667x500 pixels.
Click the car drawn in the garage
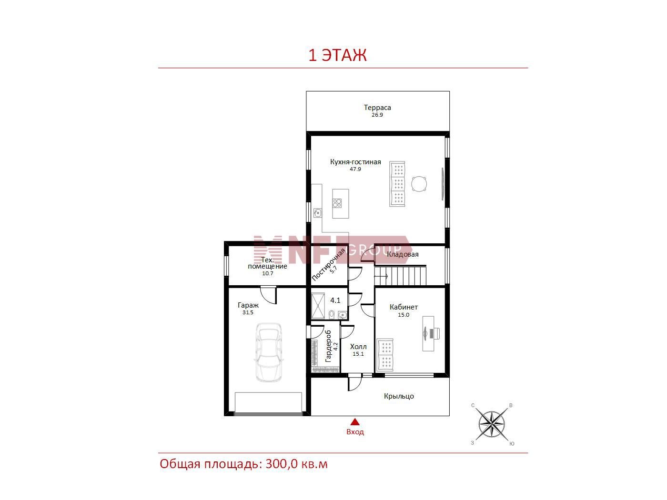[x=268, y=352]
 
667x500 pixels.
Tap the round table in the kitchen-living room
[x=419, y=184]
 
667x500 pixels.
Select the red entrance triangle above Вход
[x=355, y=422]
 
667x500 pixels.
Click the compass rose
[x=491, y=424]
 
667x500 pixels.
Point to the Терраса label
[x=377, y=108]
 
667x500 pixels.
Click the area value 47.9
[x=355, y=169]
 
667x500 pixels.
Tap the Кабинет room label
[x=404, y=307]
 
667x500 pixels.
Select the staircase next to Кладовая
[x=400, y=276]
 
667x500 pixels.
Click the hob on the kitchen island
[x=337, y=203]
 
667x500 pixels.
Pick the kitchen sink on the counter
[x=318, y=213]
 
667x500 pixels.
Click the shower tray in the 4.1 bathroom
[x=318, y=306]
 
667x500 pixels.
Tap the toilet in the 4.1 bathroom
[x=332, y=314]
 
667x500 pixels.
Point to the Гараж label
[x=248, y=305]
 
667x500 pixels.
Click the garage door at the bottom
[x=269, y=403]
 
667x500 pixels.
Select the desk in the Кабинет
[x=428, y=334]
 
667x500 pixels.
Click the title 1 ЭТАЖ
[x=337, y=55]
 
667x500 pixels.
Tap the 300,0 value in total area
[x=282, y=464]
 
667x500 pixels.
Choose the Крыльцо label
[x=399, y=396]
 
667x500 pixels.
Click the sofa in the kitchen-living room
[x=397, y=184]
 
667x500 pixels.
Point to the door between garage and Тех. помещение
[x=269, y=294]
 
